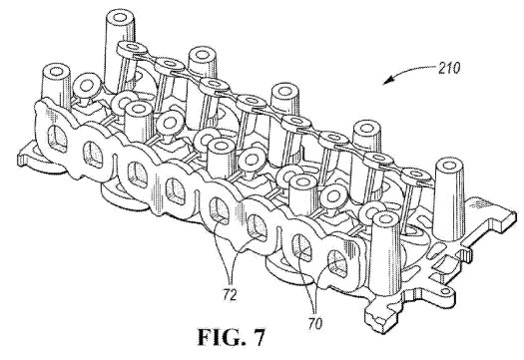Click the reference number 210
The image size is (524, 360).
tap(449, 68)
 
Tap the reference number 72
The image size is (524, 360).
tap(230, 295)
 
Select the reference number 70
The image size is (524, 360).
tap(314, 323)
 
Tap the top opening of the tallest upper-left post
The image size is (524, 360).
tap(120, 16)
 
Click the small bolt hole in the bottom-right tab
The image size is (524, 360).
tap(445, 292)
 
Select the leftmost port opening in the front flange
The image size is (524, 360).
tap(57, 138)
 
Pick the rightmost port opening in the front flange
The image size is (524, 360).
tap(337, 264)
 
